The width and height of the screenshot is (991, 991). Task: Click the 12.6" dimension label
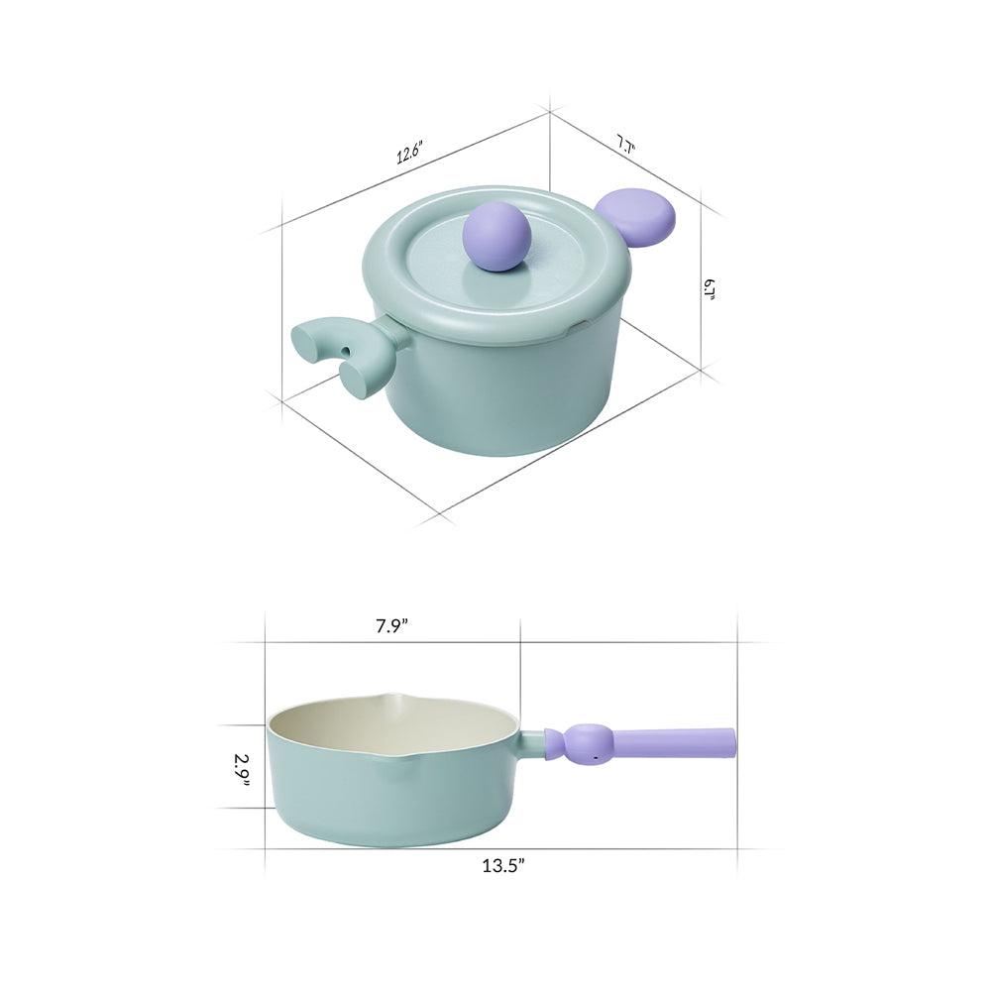[409, 153]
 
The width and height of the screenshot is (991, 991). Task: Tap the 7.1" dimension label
[625, 144]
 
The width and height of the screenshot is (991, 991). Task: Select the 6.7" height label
[708, 289]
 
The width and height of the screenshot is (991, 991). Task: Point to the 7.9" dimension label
[391, 625]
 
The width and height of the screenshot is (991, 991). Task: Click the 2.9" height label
[242, 770]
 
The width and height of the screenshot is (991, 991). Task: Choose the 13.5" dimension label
[503, 865]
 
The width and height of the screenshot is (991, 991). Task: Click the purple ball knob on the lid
[497, 237]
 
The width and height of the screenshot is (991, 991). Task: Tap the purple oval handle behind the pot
[636, 219]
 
